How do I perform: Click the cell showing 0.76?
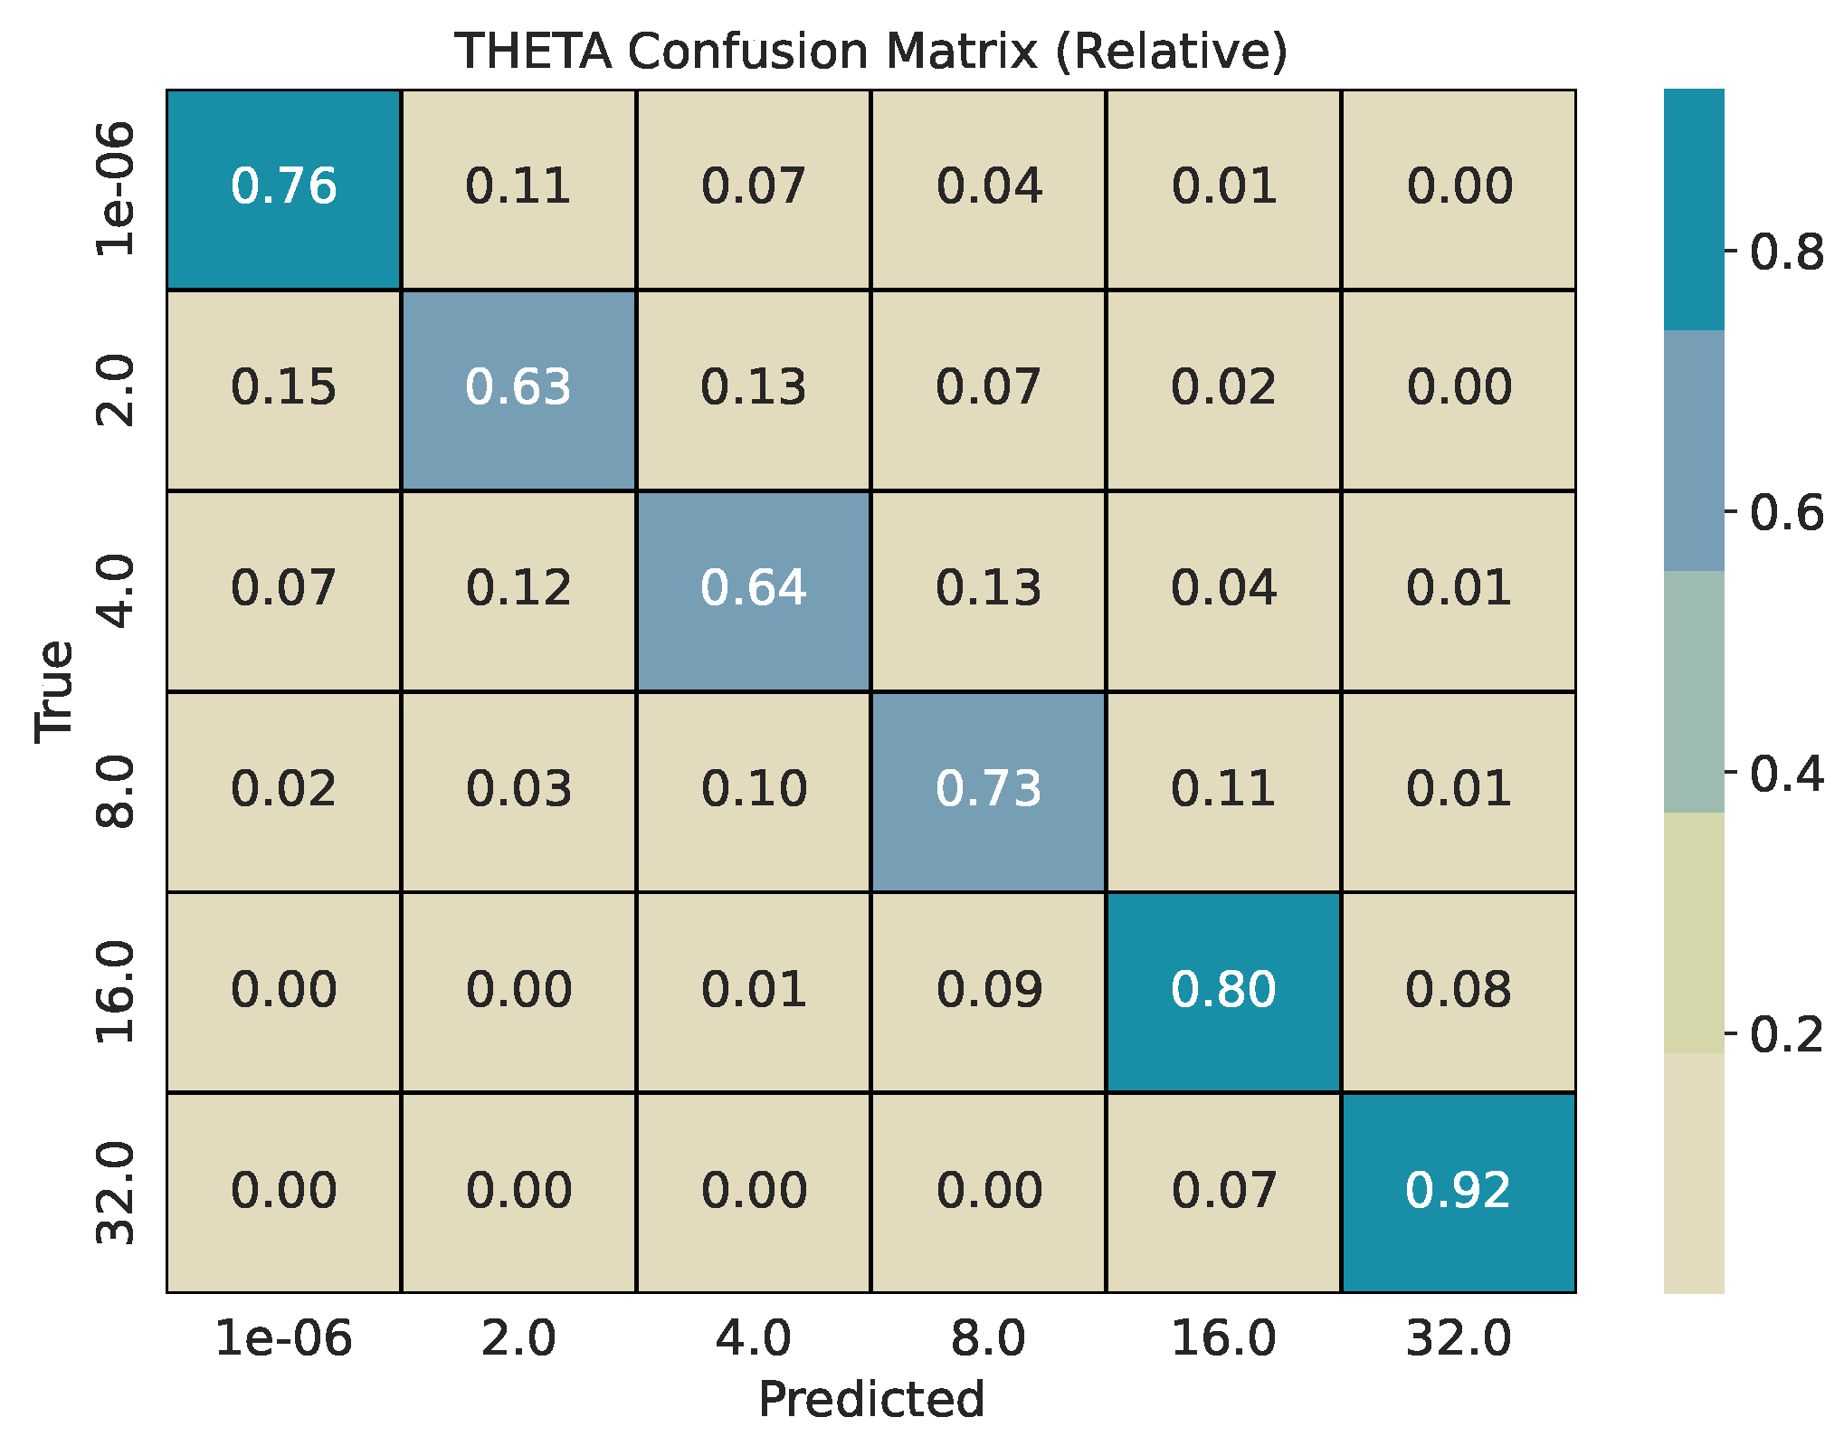pos(283,187)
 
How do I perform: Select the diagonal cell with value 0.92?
pos(1458,1191)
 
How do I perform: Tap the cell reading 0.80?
pos(1223,990)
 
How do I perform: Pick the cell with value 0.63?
pos(518,388)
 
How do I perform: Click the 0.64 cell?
pos(753,589)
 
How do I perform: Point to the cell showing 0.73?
pos(988,789)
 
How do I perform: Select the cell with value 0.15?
pos(283,388)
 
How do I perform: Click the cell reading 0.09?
pos(988,990)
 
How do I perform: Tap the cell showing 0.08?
pos(1458,990)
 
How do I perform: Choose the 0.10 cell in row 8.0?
pos(753,789)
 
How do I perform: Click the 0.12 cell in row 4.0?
pos(518,589)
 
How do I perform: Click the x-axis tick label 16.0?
pos(1223,1338)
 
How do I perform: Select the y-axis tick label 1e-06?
pos(116,189)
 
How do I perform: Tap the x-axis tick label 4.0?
pos(753,1338)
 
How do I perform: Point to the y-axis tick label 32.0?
pos(116,1193)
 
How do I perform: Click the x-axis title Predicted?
pos(870,1400)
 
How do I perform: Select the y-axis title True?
pos(54,691)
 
